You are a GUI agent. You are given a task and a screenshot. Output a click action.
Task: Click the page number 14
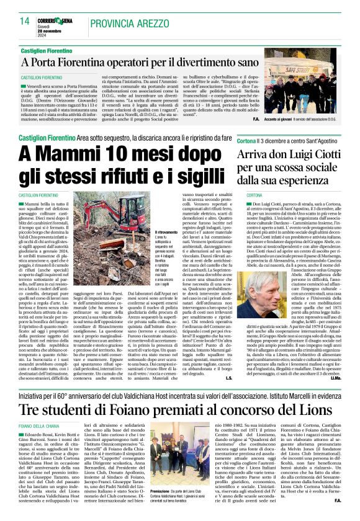click(24, 21)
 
